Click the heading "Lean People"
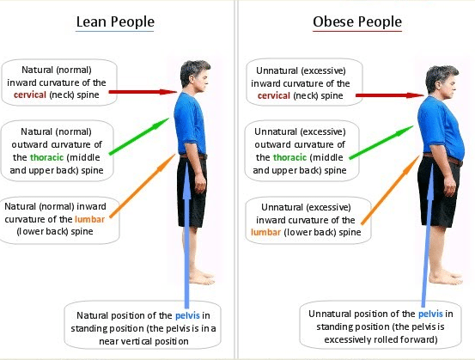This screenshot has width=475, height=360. pyautogui.click(x=115, y=22)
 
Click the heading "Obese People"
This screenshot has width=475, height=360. pyautogui.click(x=357, y=22)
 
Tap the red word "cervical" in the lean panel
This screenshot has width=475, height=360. pyautogui.click(x=30, y=95)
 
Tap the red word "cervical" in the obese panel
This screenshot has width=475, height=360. pyautogui.click(x=274, y=95)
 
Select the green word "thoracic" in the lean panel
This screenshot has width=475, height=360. pyautogui.click(x=46, y=157)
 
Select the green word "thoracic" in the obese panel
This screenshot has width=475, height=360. pyautogui.click(x=290, y=157)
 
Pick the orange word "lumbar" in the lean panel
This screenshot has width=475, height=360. pyautogui.click(x=89, y=219)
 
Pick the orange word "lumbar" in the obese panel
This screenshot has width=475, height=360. pyautogui.click(x=265, y=233)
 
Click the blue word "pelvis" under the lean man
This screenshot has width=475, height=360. pyautogui.click(x=187, y=316)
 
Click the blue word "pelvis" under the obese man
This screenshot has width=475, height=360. pyautogui.click(x=430, y=314)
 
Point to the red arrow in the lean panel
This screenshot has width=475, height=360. pyautogui.click(x=143, y=92)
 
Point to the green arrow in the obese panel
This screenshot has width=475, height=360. pyautogui.click(x=381, y=142)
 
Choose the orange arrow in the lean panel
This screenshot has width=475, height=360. pyautogui.click(x=143, y=186)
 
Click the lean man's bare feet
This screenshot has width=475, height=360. pyautogui.click(x=202, y=277)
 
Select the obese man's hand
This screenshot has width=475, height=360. pyautogui.click(x=449, y=187)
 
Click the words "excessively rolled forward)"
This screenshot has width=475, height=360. pyautogui.click(x=381, y=339)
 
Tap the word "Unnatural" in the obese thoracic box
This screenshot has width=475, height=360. pyautogui.click(x=276, y=131)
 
